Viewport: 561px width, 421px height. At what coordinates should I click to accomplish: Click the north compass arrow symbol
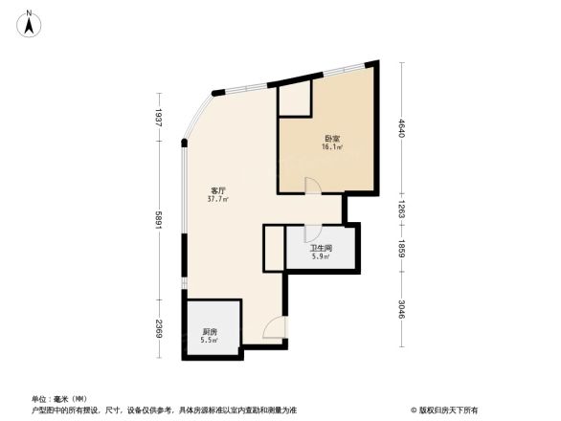coord(30,22)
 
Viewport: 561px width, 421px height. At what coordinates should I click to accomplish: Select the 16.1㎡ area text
coord(331,148)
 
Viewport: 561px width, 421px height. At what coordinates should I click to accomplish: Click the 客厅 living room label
coord(217,190)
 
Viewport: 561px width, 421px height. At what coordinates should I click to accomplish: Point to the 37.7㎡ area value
coord(218,200)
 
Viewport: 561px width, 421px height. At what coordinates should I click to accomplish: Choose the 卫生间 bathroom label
coord(320,247)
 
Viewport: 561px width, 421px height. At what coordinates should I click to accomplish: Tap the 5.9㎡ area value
coord(320,256)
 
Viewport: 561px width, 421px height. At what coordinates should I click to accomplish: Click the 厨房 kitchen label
coord(209,331)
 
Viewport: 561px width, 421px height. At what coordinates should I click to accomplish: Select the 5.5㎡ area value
coord(209,341)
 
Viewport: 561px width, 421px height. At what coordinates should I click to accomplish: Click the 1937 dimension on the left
coord(159,119)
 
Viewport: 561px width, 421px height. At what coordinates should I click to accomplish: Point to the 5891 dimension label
coord(159,218)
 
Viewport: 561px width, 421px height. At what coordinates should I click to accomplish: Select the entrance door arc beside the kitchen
coord(273,327)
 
